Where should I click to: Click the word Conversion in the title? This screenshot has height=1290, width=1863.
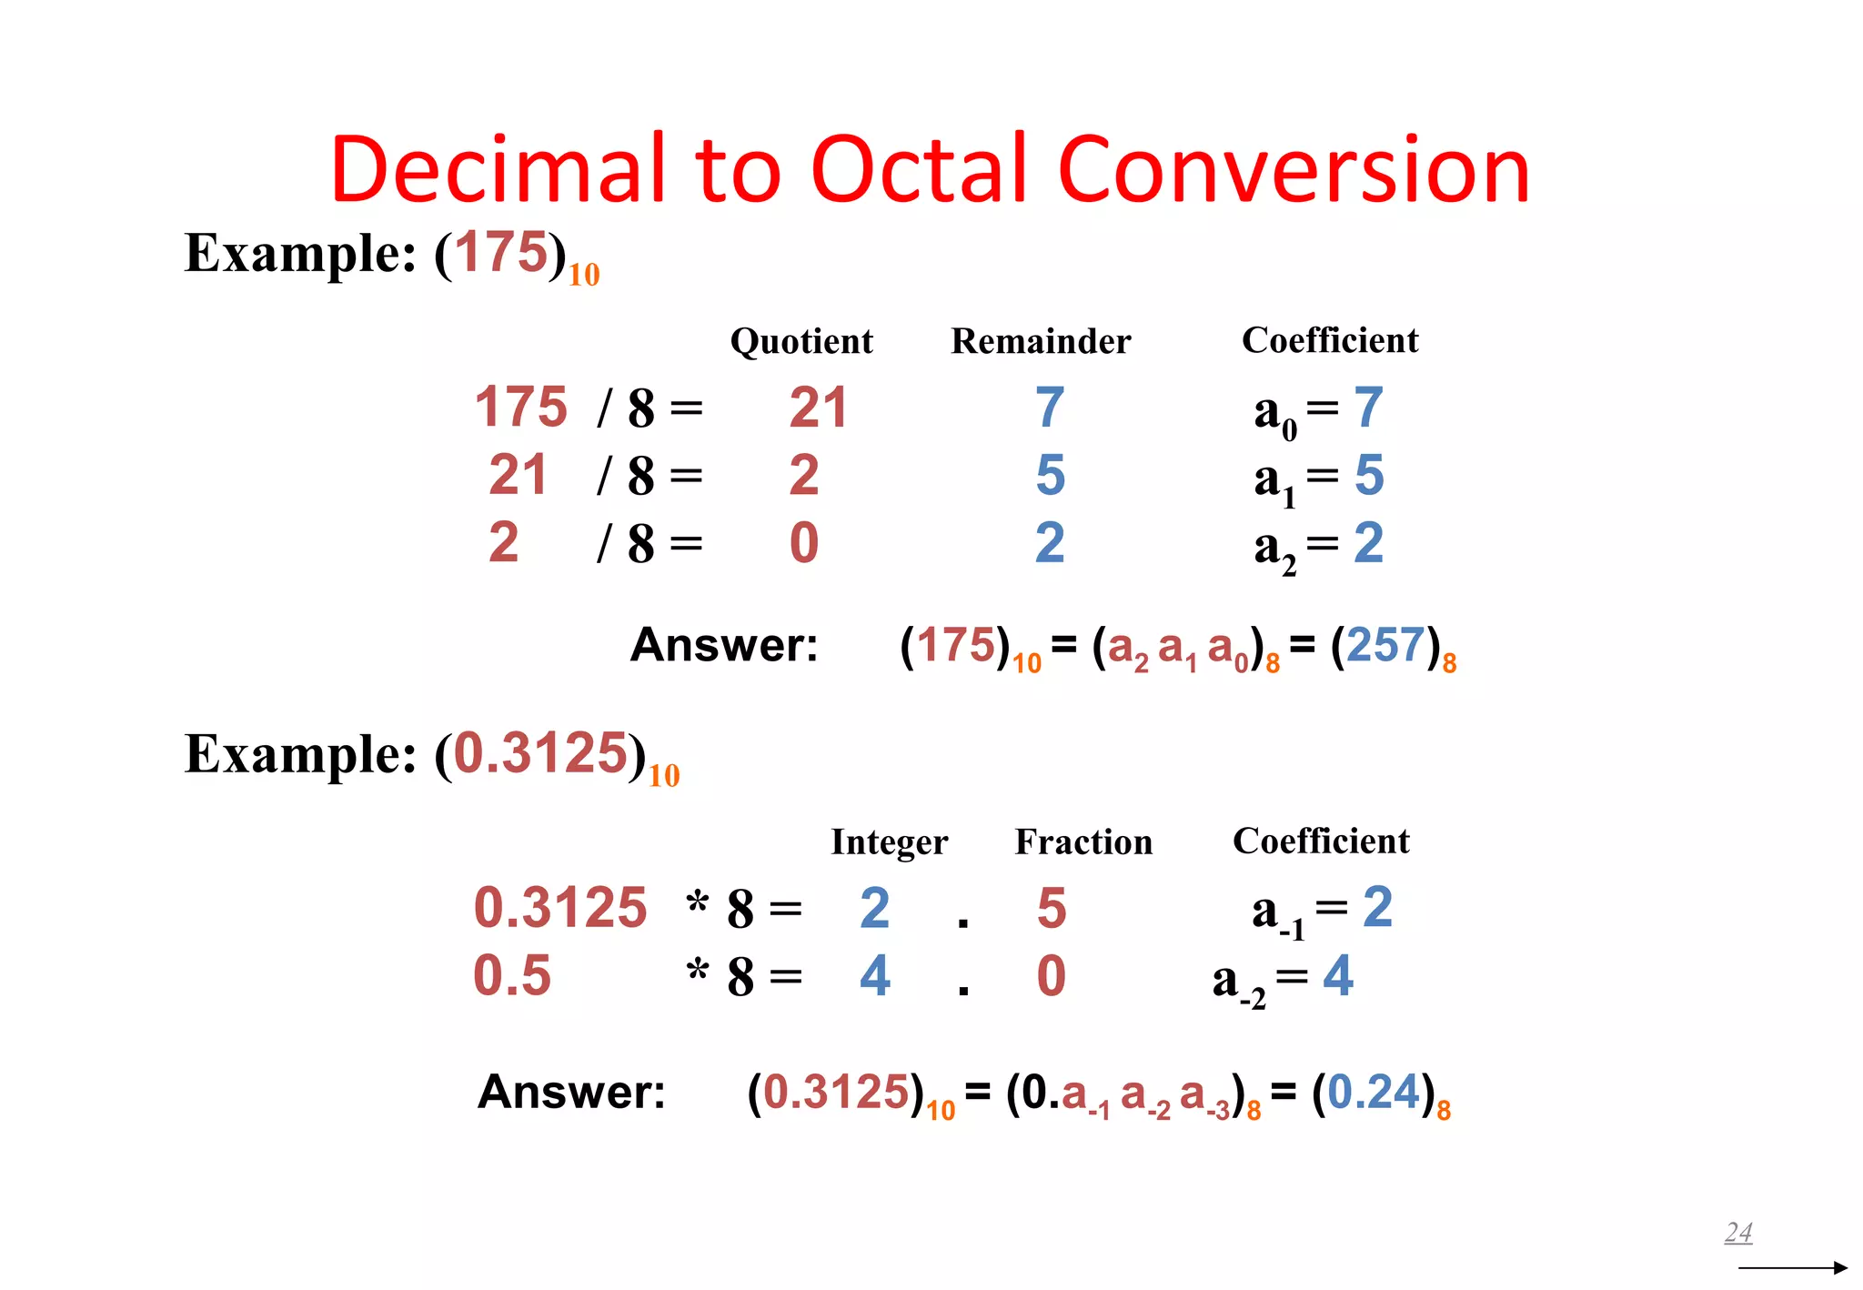point(1294,170)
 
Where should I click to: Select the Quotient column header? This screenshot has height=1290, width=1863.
point(801,341)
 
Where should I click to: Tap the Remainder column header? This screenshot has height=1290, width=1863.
point(1041,341)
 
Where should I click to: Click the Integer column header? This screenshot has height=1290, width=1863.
point(889,842)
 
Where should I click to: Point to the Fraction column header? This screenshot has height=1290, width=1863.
point(1083,842)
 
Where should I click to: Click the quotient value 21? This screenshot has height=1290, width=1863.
point(818,408)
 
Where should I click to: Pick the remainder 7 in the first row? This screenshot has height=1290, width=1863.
point(1050,408)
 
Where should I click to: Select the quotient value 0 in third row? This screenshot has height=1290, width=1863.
point(804,543)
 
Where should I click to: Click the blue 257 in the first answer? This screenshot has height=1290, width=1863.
point(1385,646)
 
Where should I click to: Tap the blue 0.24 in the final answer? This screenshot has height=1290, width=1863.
point(1374,1093)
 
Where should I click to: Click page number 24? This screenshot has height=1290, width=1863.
point(1738,1233)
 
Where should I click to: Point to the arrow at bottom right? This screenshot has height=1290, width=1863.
point(1792,1267)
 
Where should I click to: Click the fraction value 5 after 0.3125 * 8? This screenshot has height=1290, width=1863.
point(1052,908)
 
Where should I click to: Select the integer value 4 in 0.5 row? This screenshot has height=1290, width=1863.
point(874,976)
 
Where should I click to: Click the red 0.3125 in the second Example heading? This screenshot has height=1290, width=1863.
point(540,754)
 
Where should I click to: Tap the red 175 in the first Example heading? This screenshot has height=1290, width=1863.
point(501,252)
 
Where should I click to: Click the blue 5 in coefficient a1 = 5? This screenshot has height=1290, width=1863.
point(1369,475)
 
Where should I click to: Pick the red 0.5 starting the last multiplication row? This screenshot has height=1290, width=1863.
point(512,976)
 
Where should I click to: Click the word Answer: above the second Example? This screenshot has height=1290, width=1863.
point(724,646)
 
